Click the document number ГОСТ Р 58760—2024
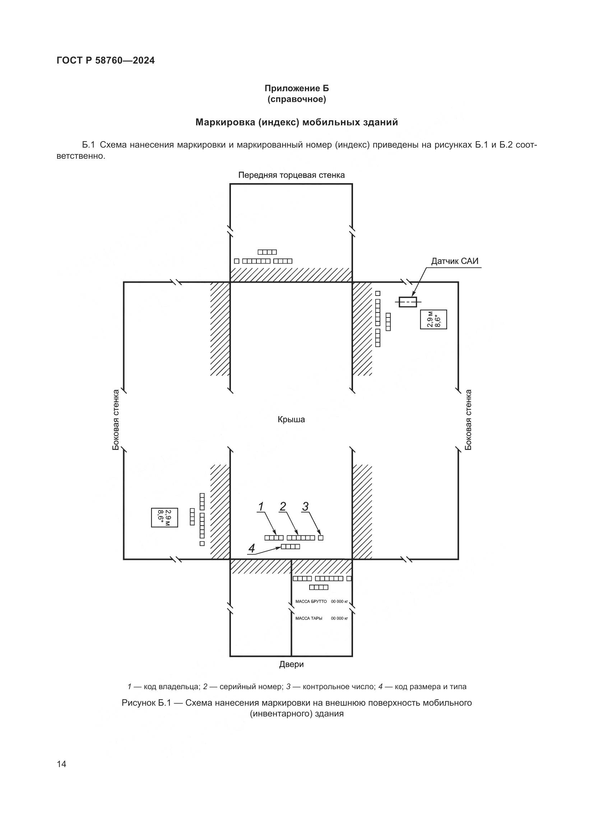(106, 60)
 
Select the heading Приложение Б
(297, 88)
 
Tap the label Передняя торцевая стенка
(291, 175)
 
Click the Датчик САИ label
(455, 261)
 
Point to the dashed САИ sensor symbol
(408, 302)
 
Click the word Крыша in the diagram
(291, 419)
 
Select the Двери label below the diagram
(291, 664)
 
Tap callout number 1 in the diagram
(261, 507)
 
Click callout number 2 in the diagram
(283, 507)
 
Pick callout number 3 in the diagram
(305, 507)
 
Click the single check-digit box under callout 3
(321, 538)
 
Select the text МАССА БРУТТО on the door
(311, 602)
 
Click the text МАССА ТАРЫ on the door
(309, 618)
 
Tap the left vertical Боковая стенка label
(116, 419)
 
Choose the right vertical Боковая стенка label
(468, 419)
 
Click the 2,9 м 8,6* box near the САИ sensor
(433, 319)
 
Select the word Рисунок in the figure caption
(139, 703)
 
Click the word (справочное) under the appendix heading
(297, 99)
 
